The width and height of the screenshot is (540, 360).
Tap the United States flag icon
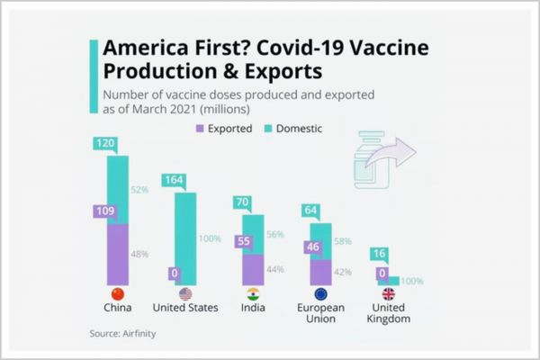tap(186, 293)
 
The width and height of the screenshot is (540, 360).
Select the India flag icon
tap(253, 293)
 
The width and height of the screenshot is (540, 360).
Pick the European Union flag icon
tap(320, 293)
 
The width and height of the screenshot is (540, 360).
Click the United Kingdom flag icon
tap(389, 293)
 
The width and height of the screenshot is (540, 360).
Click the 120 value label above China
tap(106, 143)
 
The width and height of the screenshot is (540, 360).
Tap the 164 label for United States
tap(174, 180)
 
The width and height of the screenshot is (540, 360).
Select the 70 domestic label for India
tap(240, 202)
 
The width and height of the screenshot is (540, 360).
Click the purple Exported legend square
tap(201, 129)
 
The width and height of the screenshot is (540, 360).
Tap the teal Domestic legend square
tap(266, 129)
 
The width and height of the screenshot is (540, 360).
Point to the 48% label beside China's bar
tap(139, 254)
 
